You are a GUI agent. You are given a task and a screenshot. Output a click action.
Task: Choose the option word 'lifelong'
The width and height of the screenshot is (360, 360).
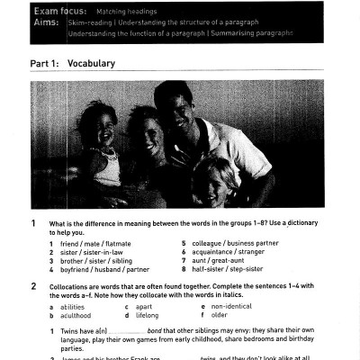tap(146, 316)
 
